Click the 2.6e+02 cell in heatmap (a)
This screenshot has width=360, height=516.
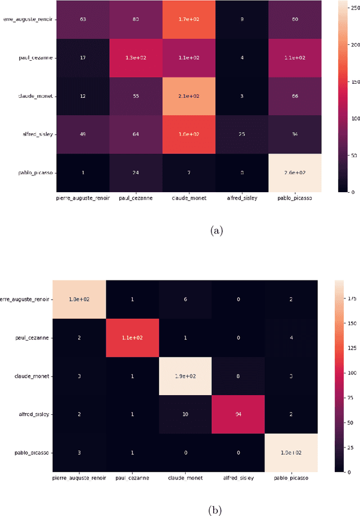291,172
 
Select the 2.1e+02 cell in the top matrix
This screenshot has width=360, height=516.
186,96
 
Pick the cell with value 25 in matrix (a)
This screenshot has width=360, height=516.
238,134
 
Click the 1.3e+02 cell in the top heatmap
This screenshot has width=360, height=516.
132,57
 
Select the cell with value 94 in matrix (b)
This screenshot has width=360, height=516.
238,414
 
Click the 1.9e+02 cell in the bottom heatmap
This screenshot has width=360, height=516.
186,375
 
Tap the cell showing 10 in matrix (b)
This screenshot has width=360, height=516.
186,414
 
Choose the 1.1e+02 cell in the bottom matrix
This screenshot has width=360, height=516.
132,337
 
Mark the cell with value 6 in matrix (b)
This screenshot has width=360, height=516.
186,299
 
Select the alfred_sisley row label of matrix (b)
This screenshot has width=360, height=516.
34,414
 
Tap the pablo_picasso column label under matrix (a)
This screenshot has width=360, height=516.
291,198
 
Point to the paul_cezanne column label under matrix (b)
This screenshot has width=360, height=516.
132,478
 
